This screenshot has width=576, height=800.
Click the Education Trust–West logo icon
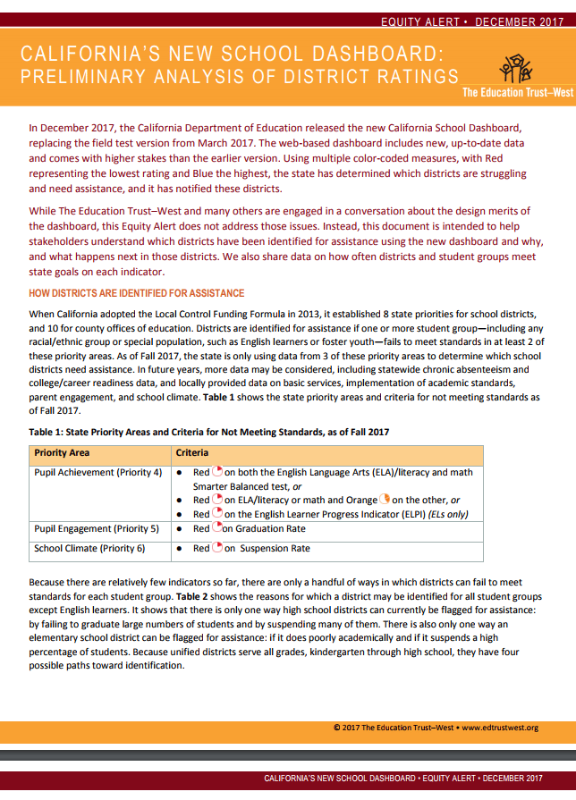(x=518, y=69)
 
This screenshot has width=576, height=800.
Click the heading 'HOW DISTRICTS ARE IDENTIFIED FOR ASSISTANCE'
(x=136, y=293)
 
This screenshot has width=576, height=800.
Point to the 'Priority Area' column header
(x=63, y=454)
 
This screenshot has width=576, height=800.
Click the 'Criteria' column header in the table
(x=192, y=454)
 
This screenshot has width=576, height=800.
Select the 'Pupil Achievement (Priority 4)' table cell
(x=97, y=472)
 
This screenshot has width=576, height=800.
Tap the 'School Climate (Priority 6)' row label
(x=89, y=548)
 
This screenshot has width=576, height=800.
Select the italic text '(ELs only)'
(x=453, y=515)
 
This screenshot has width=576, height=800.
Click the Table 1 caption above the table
(x=208, y=433)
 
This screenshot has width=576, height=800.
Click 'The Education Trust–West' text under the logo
(x=512, y=92)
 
